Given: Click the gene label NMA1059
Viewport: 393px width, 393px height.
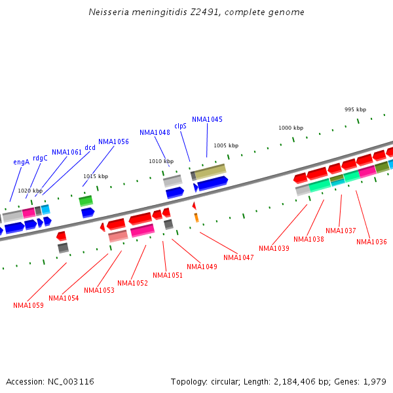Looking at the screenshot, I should [x=28, y=305].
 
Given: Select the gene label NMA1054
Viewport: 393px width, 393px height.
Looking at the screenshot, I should [x=64, y=299].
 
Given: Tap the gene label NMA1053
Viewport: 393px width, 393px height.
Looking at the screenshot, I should [x=99, y=291].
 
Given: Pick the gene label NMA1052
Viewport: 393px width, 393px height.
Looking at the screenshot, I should [x=132, y=284].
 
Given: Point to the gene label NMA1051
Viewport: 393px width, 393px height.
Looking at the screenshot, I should [x=168, y=276].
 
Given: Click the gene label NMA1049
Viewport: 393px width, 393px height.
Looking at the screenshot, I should [x=202, y=267].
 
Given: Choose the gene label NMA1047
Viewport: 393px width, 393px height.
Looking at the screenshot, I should [x=238, y=258].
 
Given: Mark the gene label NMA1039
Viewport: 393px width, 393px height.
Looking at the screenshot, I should [x=274, y=249].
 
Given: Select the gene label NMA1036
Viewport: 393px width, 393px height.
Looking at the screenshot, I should [x=371, y=242].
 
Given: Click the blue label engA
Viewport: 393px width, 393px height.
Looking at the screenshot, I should [x=22, y=162].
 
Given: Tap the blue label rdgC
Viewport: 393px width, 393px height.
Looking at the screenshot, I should [x=40, y=158].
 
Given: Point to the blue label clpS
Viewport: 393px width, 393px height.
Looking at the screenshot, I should [x=180, y=126].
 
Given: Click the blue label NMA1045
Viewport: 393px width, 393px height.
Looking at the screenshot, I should [x=207, y=120].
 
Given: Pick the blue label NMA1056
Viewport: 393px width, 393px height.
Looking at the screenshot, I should [x=113, y=141].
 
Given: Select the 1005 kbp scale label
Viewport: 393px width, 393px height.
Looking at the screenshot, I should [x=226, y=145].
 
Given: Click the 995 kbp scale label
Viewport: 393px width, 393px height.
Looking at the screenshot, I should [x=355, y=109].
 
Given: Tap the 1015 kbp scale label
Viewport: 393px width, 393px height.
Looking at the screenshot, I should [x=95, y=176].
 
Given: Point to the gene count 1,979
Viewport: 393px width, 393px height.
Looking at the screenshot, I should [x=373, y=381].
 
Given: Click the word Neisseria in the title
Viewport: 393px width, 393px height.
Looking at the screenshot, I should [x=109, y=12].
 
